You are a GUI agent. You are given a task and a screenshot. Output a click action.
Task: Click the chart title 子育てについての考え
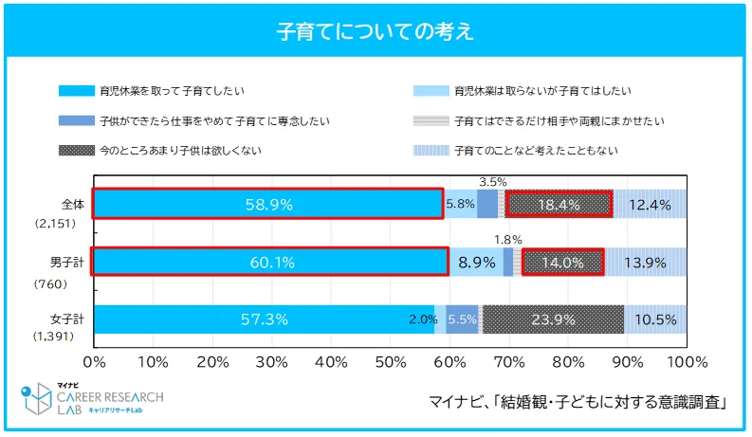(376, 31)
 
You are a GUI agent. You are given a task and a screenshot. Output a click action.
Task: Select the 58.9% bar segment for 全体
(267, 204)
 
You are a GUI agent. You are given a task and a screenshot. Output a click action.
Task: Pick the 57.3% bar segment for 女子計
(264, 319)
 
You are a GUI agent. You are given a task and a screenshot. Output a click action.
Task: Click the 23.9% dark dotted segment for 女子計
(553, 319)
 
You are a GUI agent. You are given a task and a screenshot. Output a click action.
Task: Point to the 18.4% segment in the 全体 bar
(559, 204)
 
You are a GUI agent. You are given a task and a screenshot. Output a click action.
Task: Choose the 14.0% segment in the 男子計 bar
(562, 263)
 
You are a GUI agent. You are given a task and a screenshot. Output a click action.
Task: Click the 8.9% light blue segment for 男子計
(475, 263)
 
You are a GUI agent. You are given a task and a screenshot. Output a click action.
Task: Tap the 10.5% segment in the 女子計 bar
(655, 319)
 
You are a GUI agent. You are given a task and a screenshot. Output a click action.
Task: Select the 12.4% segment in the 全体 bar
(650, 204)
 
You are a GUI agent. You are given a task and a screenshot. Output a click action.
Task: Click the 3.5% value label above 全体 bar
(492, 181)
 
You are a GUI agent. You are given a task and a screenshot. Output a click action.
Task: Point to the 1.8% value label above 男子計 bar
(508, 240)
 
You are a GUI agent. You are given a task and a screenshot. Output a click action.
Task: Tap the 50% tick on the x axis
(390, 362)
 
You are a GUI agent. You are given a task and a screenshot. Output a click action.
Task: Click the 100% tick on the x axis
(687, 362)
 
